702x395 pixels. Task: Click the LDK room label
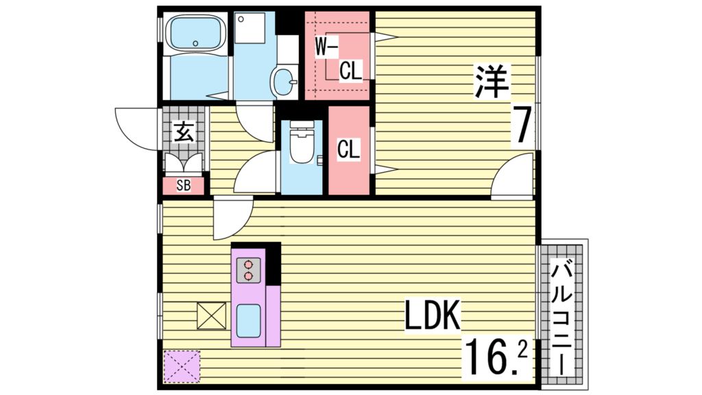coord(431,317)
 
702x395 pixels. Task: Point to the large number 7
coord(523,126)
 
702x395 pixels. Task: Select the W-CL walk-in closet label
coord(339,58)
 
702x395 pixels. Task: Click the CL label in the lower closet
coord(349,150)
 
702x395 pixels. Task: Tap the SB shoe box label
coord(183,185)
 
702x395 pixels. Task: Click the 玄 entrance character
coord(183,131)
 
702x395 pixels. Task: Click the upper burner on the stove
coord(248,264)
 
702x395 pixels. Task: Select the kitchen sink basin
coord(249,320)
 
